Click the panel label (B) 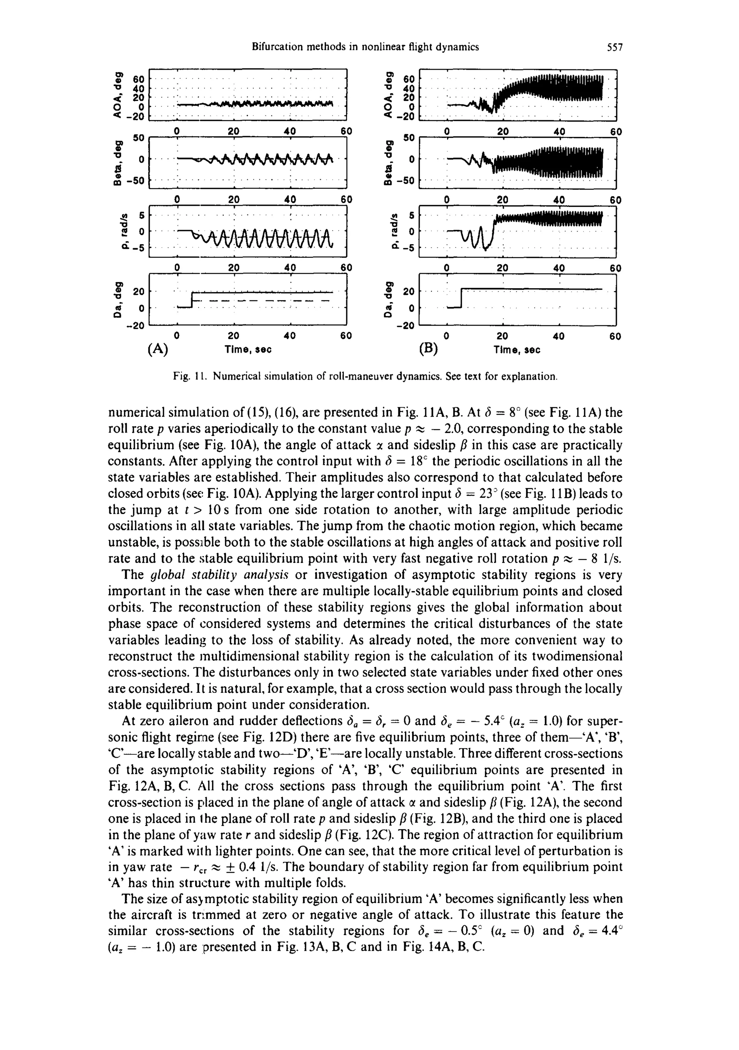pyautogui.click(x=428, y=349)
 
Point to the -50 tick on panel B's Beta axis pyautogui.click(x=406, y=181)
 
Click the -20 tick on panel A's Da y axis pyautogui.click(x=135, y=326)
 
